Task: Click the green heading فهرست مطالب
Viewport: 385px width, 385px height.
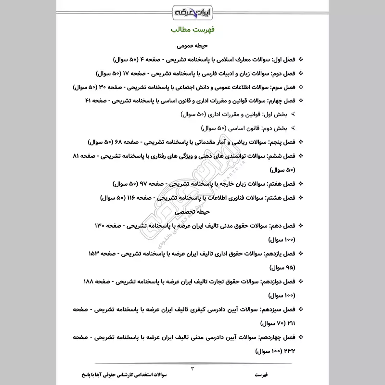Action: (192, 30)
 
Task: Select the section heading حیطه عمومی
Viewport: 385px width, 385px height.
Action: (192, 47)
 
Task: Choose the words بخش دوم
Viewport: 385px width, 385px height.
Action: (274, 128)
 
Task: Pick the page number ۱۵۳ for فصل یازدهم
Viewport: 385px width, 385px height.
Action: (96, 253)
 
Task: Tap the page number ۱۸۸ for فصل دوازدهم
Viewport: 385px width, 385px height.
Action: (90, 280)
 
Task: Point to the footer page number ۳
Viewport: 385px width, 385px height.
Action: (192, 369)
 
